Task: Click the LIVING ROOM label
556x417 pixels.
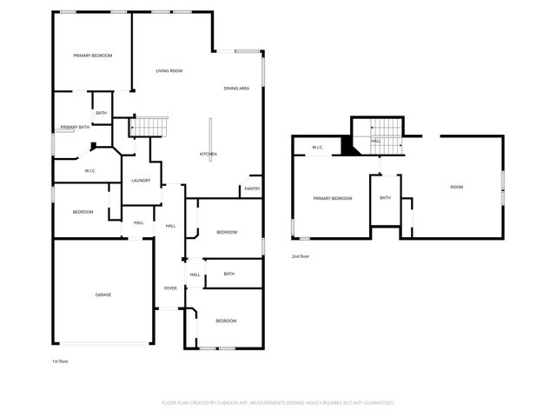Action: [169, 70]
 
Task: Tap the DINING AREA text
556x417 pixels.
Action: [237, 89]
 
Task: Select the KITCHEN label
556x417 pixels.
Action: [208, 155]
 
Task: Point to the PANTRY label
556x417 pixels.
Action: [252, 189]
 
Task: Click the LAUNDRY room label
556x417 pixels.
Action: [141, 181]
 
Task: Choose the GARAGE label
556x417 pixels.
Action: [103, 295]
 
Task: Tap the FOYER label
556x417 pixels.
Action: [171, 288]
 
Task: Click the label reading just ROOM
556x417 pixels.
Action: [456, 187]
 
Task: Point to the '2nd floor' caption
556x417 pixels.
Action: [301, 256]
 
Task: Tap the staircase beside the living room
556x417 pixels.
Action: [148, 127]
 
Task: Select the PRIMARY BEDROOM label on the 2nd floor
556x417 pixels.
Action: [333, 198]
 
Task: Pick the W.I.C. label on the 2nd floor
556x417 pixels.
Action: [318, 147]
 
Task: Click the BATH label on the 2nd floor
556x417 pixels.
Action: [385, 198]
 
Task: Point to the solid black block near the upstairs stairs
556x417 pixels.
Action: [349, 147]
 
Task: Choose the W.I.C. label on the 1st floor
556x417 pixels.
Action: [89, 170]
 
